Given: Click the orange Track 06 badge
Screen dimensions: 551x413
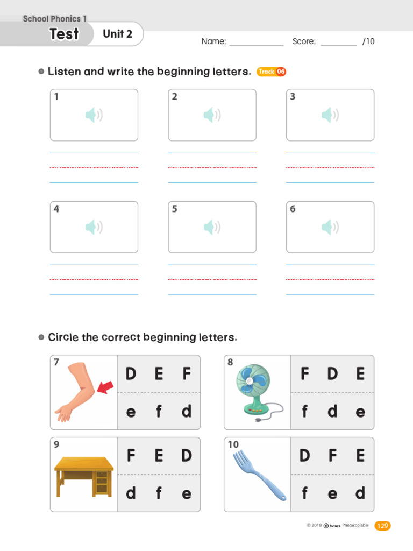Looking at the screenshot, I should [x=271, y=72].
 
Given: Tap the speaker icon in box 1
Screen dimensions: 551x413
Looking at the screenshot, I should [x=94, y=115].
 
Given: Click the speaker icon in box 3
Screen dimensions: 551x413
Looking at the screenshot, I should [x=330, y=115].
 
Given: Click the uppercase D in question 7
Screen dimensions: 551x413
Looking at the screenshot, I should [x=131, y=373].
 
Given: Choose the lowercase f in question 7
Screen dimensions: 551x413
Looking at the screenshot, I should [x=159, y=412].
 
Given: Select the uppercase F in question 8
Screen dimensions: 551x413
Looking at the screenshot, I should [x=305, y=373].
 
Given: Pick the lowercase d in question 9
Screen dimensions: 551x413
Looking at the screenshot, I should [x=131, y=493].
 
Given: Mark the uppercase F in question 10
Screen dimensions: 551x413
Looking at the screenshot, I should [x=332, y=456].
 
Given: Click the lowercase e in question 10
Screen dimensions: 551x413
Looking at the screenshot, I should [x=332, y=493].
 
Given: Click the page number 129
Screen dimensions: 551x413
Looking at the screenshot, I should [x=382, y=526].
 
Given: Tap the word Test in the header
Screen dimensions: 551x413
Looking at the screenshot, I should [x=64, y=34].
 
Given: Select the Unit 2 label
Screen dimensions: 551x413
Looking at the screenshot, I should [x=117, y=34].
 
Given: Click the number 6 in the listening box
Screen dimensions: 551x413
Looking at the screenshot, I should [x=293, y=209].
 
